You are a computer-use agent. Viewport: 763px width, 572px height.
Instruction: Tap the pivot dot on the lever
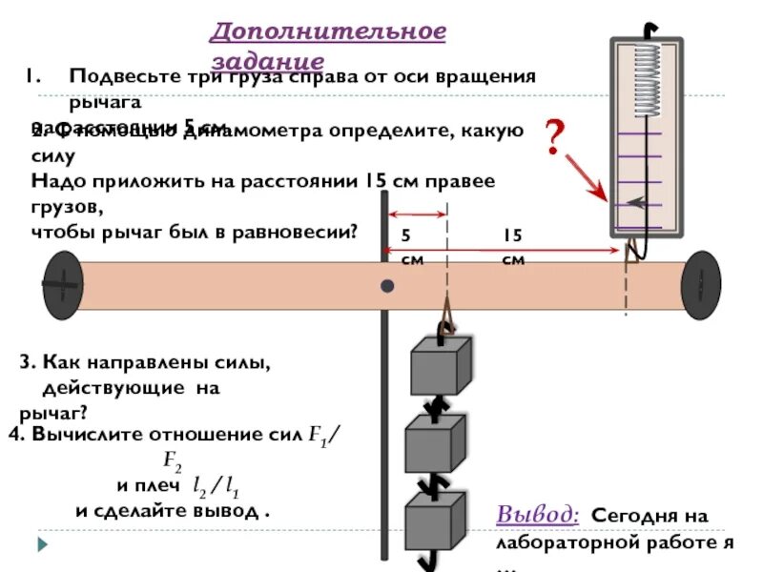pos(387,286)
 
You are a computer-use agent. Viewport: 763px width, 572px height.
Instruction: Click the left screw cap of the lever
pos(62,284)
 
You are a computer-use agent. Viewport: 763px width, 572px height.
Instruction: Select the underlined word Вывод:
pos(537,515)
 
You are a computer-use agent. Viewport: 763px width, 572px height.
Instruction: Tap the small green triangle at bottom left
pos(42,546)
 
